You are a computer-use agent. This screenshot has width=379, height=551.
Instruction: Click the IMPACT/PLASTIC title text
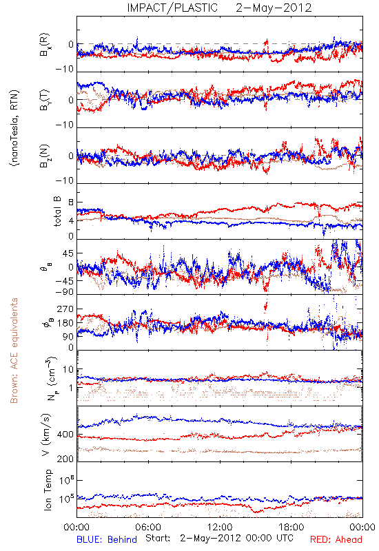[x=172, y=8]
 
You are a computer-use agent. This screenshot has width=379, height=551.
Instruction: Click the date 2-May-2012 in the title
[x=274, y=8]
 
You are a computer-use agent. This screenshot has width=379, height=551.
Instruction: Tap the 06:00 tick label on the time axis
[x=148, y=527]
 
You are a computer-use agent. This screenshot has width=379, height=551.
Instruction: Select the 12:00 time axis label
[x=220, y=527]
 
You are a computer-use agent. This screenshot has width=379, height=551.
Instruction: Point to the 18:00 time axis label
[x=291, y=527]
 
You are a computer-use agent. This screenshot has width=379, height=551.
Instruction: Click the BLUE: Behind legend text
[x=107, y=539]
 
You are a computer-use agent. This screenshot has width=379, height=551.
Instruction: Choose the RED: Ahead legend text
[x=336, y=539]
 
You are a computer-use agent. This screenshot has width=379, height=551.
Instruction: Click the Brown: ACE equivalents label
[x=14, y=351]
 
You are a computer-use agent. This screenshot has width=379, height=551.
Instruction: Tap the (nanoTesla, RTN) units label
[x=14, y=128]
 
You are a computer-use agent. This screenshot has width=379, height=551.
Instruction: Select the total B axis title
[x=57, y=211]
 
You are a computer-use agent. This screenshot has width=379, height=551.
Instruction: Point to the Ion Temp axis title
[x=48, y=490]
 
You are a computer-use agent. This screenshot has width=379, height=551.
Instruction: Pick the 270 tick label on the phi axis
[x=65, y=309]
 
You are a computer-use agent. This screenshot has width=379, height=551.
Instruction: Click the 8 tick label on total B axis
[x=71, y=202]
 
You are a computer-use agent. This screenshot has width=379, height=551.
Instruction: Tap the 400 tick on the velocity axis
[x=65, y=435]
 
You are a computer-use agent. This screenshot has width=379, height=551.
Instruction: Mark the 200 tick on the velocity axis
[x=65, y=459]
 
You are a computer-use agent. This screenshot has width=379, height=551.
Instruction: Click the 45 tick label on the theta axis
[x=68, y=253]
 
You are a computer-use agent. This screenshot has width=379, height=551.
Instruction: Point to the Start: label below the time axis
[x=158, y=538]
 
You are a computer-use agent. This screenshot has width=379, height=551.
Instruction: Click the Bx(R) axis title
[x=45, y=45]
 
